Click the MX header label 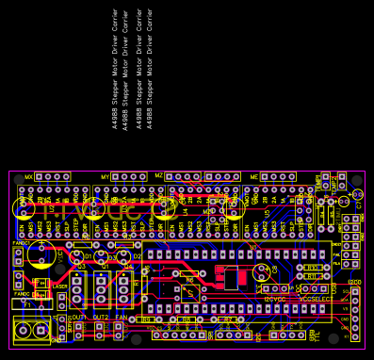(28, 177)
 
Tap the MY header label (106, 177)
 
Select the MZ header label (159, 177)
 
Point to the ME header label (253, 177)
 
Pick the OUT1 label (78, 318)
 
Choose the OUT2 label (100, 318)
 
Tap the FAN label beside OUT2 (120, 318)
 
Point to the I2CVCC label (274, 299)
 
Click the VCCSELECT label (315, 299)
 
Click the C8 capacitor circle (41, 252)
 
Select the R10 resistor (312, 268)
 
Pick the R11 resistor (312, 276)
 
